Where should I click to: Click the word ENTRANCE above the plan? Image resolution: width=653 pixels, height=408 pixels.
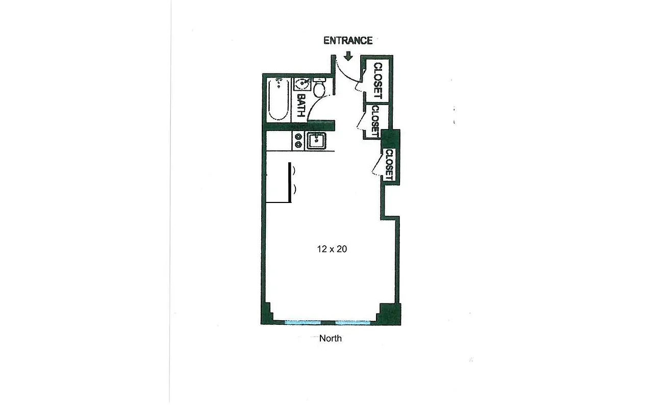(x=348, y=41)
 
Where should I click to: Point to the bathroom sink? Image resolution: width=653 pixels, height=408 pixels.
(x=304, y=84)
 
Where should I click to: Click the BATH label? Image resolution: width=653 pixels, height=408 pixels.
(x=301, y=106)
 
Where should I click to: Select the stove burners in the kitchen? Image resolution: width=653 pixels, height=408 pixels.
(x=298, y=140)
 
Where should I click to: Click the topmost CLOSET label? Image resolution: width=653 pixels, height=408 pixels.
(x=378, y=81)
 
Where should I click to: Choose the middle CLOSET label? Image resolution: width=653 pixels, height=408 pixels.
(x=375, y=120)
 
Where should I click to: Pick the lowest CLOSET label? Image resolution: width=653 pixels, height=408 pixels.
(x=389, y=164)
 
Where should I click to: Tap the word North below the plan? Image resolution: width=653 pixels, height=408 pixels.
(x=331, y=338)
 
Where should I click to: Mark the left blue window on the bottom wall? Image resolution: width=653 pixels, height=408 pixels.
(x=302, y=322)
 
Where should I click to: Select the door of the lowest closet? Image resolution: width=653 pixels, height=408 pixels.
(x=378, y=165)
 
